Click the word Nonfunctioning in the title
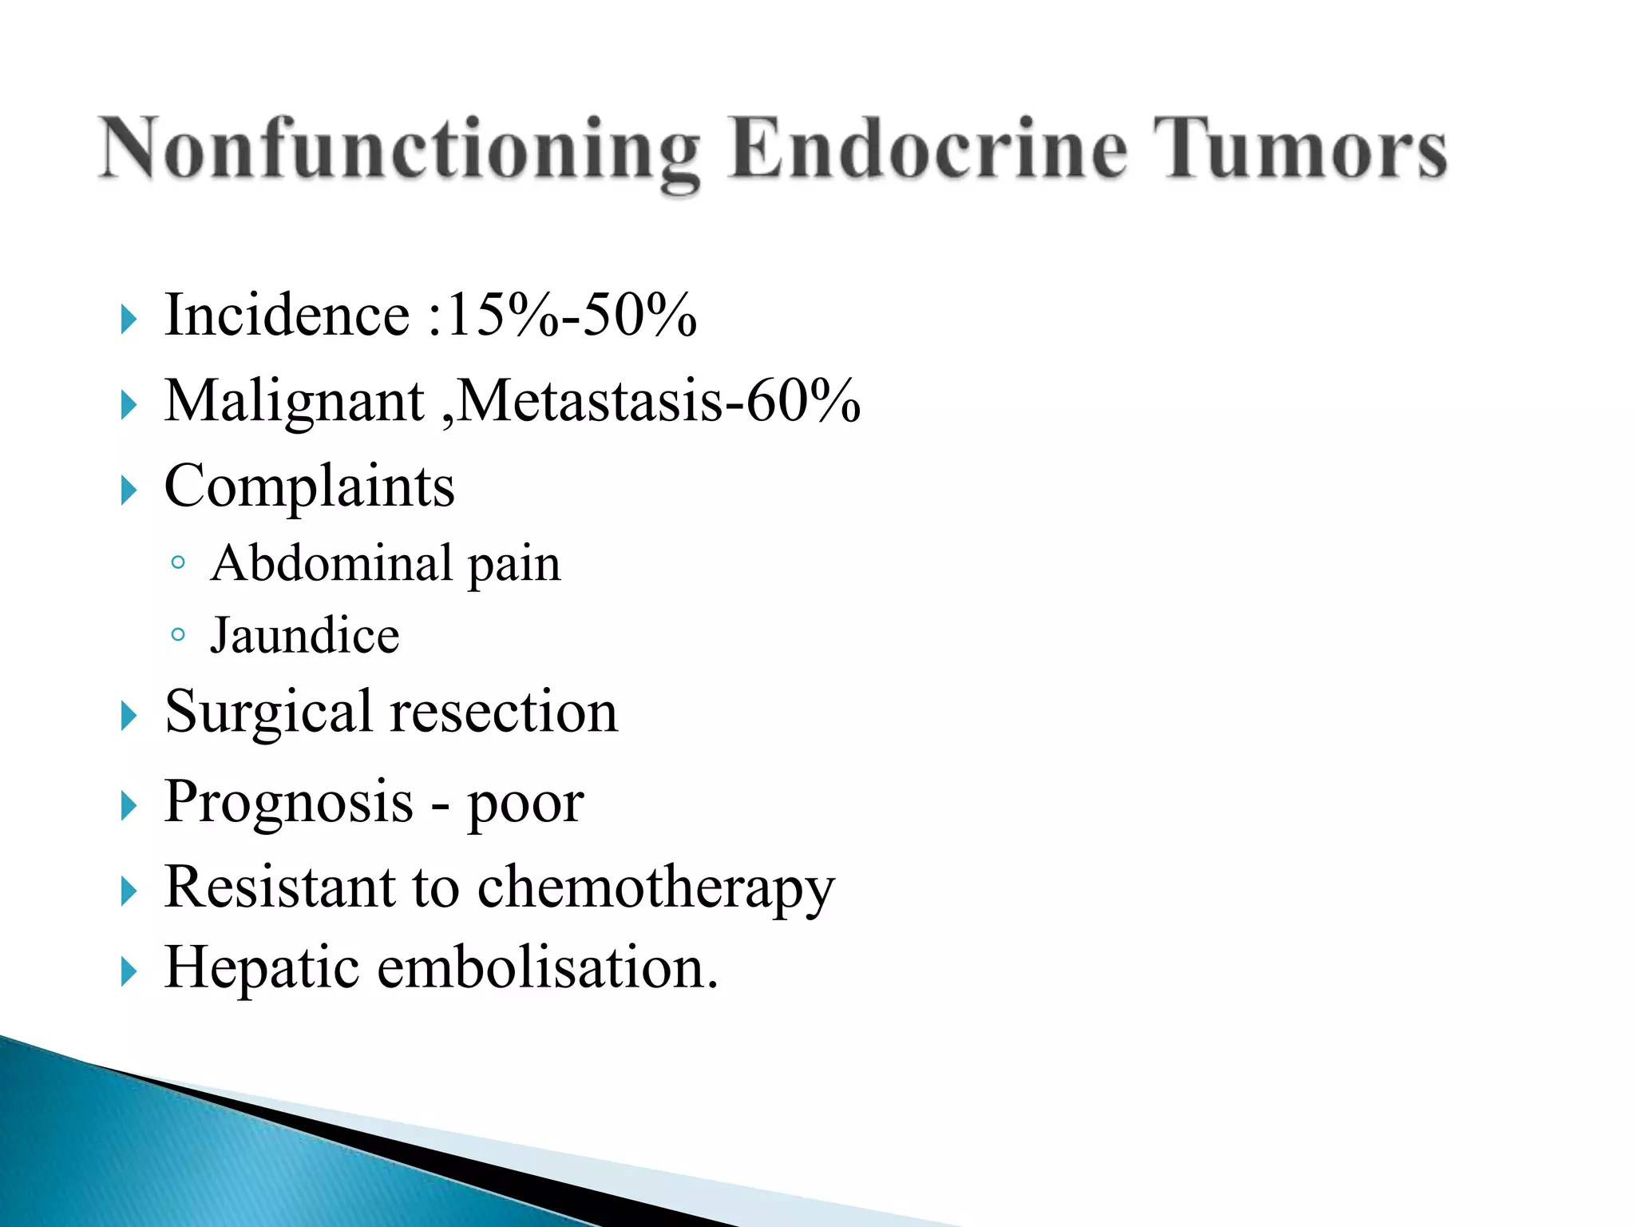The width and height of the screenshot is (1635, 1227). [x=399, y=150]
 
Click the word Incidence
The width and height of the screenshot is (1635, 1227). [x=287, y=315]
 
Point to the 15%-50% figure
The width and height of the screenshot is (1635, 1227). [x=572, y=315]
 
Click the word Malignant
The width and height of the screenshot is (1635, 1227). [x=295, y=402]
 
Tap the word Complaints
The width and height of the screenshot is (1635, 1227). [x=310, y=486]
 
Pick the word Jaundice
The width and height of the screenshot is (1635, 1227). [x=304, y=636]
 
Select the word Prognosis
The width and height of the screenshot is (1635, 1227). [x=289, y=802]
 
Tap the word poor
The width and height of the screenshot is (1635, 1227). [x=525, y=804]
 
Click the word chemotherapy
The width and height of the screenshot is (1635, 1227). [x=655, y=888]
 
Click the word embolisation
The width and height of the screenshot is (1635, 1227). [x=548, y=967]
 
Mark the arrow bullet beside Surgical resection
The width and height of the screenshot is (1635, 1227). [x=129, y=716]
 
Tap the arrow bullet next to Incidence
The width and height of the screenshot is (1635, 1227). [x=129, y=320]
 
